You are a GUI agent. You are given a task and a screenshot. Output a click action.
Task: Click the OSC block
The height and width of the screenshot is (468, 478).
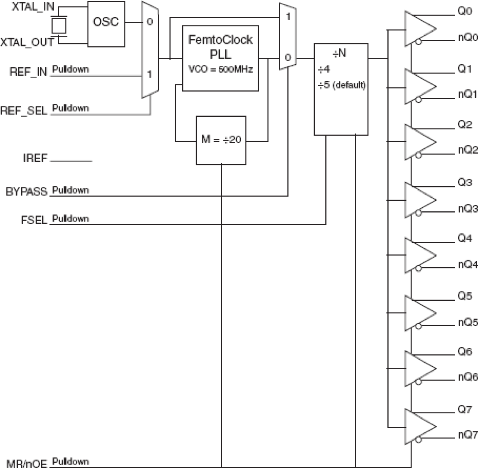coord(106,24)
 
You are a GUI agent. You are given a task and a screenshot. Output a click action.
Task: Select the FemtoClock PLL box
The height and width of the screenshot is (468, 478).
coord(220,58)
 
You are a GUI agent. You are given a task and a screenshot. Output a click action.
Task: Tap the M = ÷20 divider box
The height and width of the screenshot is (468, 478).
coord(221,140)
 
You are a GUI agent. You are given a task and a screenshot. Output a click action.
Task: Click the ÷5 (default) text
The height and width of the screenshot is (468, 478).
coord(341,85)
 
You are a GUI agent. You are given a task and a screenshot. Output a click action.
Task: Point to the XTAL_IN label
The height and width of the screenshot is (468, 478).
coord(33,6)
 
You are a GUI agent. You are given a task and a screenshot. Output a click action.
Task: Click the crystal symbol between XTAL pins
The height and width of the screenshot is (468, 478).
coord(59,25)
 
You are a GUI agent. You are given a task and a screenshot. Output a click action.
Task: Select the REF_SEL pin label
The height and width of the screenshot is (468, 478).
coord(24,111)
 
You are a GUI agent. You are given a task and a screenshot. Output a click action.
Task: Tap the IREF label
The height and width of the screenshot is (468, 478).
coord(35,158)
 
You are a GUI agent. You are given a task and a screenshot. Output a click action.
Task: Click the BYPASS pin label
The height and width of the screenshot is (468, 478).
coord(26,191)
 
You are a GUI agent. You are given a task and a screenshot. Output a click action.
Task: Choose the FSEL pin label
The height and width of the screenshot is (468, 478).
coord(34,220)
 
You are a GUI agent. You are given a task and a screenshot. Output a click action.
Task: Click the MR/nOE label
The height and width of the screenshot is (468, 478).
coord(26,463)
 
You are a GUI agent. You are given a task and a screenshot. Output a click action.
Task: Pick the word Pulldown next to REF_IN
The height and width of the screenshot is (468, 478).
coord(70,69)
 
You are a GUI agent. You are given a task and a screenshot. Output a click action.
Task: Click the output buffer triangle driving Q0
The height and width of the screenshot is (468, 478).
coord(419,29)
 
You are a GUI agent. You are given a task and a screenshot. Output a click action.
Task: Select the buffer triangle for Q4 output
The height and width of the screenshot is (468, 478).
coord(419,255)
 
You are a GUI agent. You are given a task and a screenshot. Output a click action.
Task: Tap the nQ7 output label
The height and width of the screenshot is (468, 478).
coord(467,434)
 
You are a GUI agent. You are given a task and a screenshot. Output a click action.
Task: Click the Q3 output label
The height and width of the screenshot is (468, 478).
coord(464,182)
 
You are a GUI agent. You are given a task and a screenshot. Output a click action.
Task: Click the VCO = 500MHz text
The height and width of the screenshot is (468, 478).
coord(220,70)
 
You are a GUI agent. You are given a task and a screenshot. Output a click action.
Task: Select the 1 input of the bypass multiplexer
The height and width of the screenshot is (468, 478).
coord(288,17)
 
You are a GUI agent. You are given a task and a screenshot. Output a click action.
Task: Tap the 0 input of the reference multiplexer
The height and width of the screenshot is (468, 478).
coord(150,22)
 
